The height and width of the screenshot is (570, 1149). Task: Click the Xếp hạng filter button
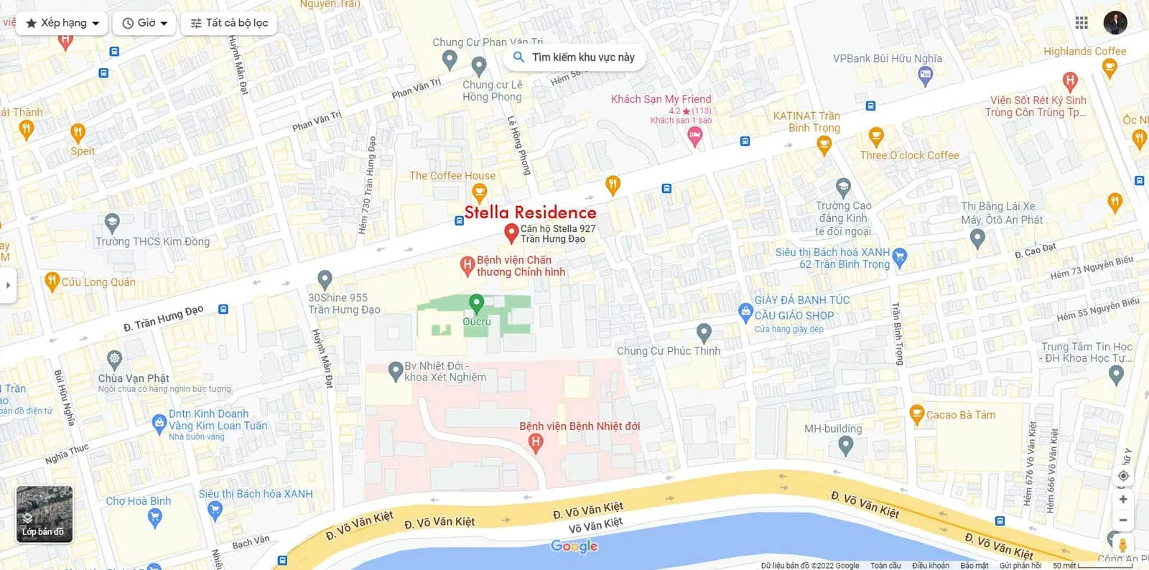point(62,23)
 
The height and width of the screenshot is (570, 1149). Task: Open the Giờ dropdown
point(145,23)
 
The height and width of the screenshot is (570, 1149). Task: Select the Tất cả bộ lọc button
point(229,23)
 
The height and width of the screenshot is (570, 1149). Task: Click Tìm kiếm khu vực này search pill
point(574,57)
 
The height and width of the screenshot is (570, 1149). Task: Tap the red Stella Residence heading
point(530,212)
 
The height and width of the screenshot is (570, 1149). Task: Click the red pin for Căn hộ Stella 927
point(511,233)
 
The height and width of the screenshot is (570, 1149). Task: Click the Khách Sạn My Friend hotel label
point(661,99)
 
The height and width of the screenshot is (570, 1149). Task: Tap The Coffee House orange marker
point(479,192)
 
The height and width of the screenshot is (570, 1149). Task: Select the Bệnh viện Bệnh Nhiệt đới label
point(580,426)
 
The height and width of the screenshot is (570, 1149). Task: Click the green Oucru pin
point(476,303)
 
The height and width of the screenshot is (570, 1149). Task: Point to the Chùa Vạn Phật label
point(134,378)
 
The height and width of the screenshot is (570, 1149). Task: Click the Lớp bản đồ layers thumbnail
point(45,514)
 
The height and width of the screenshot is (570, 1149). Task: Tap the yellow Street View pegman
point(1122,544)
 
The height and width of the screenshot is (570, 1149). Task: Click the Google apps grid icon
point(1081,23)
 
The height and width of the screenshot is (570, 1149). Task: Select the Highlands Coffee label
point(1084,52)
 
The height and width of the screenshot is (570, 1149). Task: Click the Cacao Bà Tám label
point(960,415)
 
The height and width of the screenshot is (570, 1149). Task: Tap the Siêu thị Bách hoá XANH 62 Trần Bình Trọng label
point(833,258)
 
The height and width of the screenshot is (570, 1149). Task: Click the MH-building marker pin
point(846,445)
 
